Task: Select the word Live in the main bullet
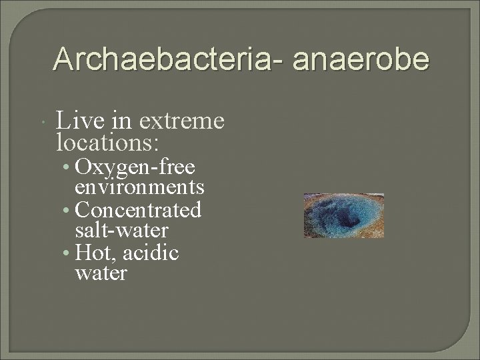pos(78,121)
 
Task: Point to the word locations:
pos(108,142)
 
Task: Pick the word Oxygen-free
pos(135,167)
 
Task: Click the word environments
pos(140,186)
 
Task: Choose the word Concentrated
pos(139,210)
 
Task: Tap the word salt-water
pos(122,231)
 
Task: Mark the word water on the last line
pos(101,273)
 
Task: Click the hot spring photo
pos(343,215)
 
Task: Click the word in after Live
pos(121,121)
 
